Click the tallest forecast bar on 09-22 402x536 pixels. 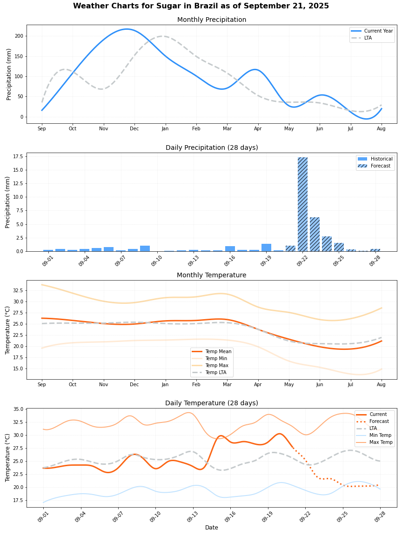coord(302,204)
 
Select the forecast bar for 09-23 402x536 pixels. coord(315,234)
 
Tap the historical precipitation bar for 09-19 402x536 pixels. coord(266,248)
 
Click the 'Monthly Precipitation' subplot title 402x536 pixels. coord(212,20)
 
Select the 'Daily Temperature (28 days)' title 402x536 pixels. coord(212,403)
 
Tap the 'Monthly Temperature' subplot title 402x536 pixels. coord(212,275)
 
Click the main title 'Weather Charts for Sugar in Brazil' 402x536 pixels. coord(201,6)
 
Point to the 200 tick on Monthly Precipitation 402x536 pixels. coord(19,36)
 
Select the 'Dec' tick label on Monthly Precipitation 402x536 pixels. coord(134,128)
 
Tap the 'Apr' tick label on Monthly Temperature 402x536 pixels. coord(257,385)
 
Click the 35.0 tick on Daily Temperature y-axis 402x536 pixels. coord(18,409)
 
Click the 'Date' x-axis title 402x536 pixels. coord(212,528)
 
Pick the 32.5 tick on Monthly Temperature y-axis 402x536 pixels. coord(18,290)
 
